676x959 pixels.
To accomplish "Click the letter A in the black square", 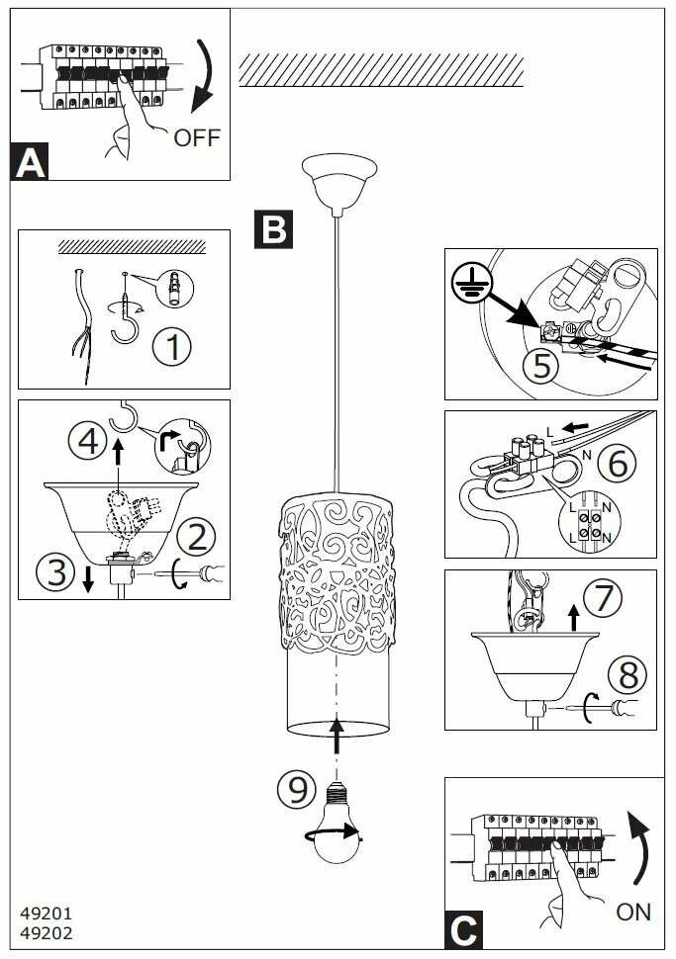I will coord(31,162).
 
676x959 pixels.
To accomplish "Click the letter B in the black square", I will coord(272,228).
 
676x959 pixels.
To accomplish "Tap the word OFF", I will coord(197,137).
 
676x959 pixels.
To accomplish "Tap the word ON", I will coord(633,911).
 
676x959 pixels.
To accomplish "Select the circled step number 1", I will coord(174,347).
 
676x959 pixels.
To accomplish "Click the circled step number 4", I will coord(86,439).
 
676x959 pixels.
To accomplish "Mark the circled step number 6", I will coord(619,464).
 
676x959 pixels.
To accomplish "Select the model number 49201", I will coord(46,914).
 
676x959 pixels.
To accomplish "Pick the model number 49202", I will coord(46,931).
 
